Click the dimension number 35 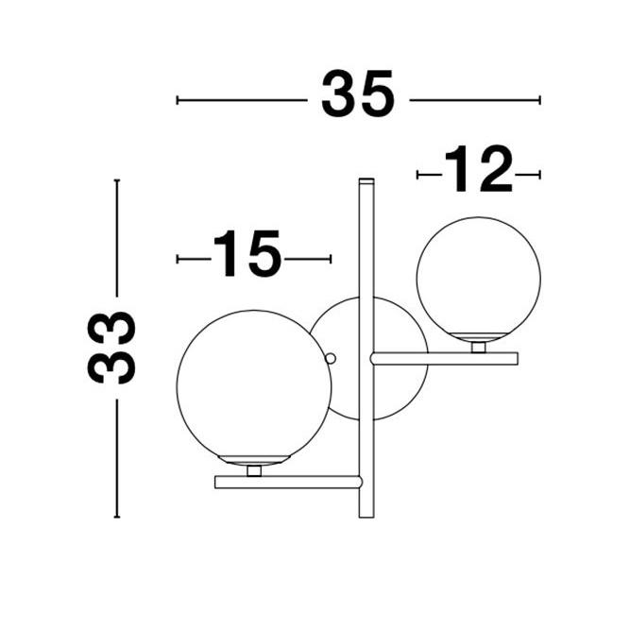(358, 94)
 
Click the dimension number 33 (111, 348)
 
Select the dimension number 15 (247, 253)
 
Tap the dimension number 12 (478, 169)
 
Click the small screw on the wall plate (331, 358)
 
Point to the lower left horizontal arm (288, 482)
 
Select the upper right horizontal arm (444, 358)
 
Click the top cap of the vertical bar (366, 180)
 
